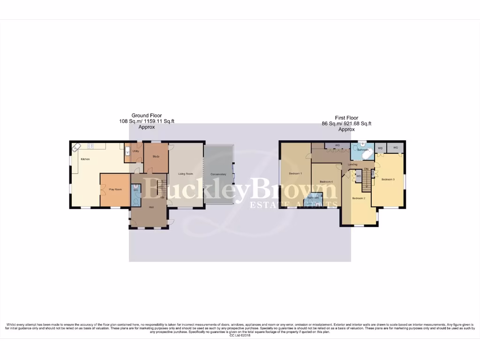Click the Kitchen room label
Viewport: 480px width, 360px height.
(85, 159)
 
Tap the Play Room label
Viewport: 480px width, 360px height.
(115, 189)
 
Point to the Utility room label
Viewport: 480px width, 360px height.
(136, 151)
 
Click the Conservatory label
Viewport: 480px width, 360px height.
(218, 174)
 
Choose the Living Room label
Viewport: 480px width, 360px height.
(186, 174)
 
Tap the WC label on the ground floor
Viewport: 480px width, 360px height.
(135, 190)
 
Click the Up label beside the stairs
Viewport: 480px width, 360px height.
(162, 197)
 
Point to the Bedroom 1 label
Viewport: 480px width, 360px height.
(295, 173)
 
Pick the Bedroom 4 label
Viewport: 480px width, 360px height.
(326, 181)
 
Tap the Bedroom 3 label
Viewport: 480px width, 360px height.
(388, 180)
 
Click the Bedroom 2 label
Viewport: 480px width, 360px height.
(359, 198)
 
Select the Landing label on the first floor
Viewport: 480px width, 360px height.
(352, 165)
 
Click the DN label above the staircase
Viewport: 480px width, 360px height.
(366, 169)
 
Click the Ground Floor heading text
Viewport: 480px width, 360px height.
(146, 115)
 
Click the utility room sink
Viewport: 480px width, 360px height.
(127, 150)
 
